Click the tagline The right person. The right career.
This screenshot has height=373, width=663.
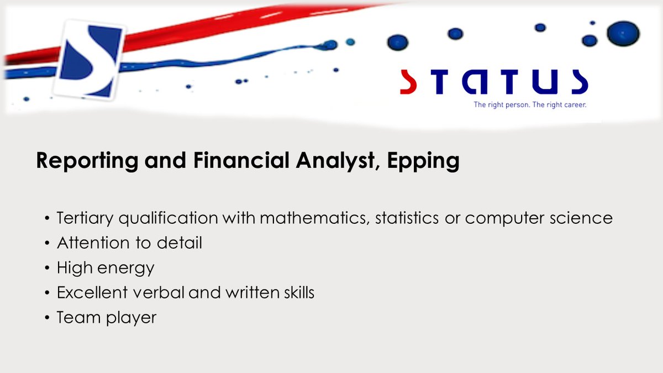[529, 104]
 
